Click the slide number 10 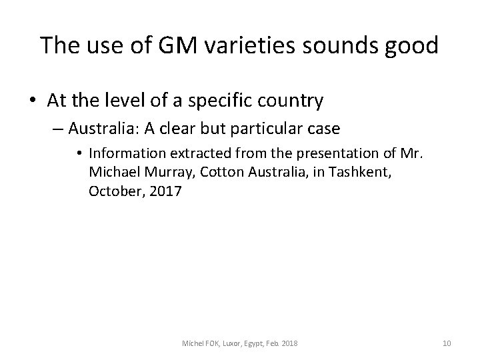pos(447,343)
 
